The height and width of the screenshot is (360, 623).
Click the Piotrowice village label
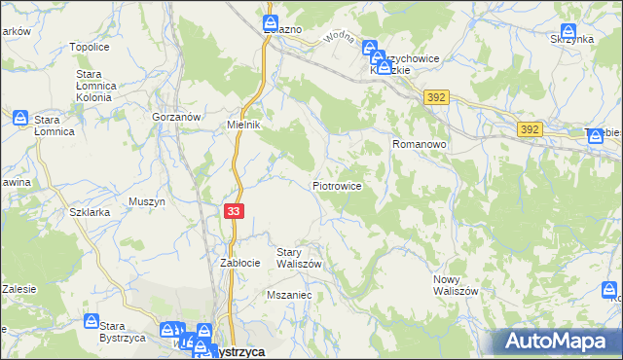pyautogui.click(x=338, y=185)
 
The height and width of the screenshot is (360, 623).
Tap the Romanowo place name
pyautogui.click(x=419, y=143)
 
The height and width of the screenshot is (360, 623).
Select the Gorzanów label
pyautogui.click(x=176, y=116)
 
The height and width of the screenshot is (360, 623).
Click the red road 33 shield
pyautogui.click(x=234, y=211)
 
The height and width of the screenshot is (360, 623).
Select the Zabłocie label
pyautogui.click(x=239, y=263)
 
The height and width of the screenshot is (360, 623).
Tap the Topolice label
pyautogui.click(x=89, y=47)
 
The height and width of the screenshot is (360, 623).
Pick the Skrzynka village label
pyautogui.click(x=570, y=39)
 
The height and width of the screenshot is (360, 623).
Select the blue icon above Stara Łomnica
pyautogui.click(x=21, y=118)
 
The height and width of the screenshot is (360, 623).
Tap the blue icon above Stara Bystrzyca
pyautogui.click(x=91, y=321)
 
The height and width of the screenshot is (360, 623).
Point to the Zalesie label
pyautogui.click(x=18, y=289)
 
